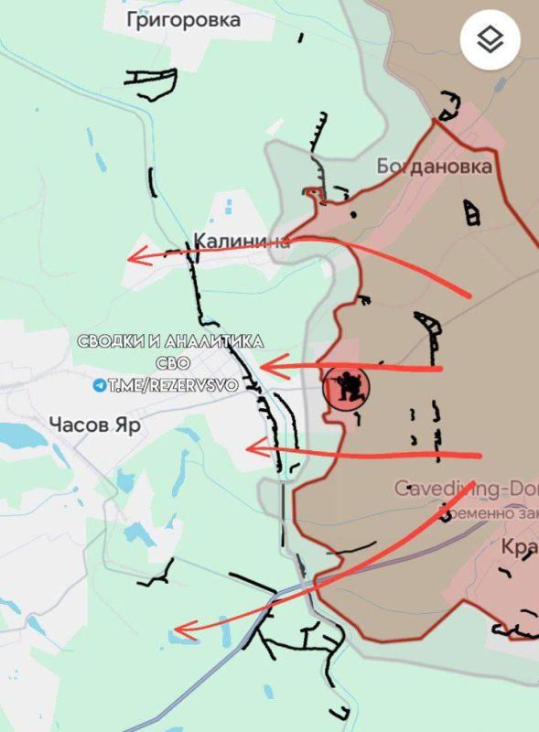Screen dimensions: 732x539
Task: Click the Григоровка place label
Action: (x=184, y=19)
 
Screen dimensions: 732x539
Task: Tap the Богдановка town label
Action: (x=434, y=167)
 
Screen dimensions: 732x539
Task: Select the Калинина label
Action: (x=242, y=242)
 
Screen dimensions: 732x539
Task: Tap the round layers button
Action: (x=490, y=40)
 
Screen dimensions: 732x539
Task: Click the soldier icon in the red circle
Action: (x=348, y=388)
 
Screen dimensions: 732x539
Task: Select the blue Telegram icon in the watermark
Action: (x=99, y=386)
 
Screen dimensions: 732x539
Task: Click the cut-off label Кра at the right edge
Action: (x=519, y=545)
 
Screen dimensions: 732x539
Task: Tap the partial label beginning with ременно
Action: (x=490, y=513)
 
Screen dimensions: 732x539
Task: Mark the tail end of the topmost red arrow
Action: (x=470, y=296)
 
